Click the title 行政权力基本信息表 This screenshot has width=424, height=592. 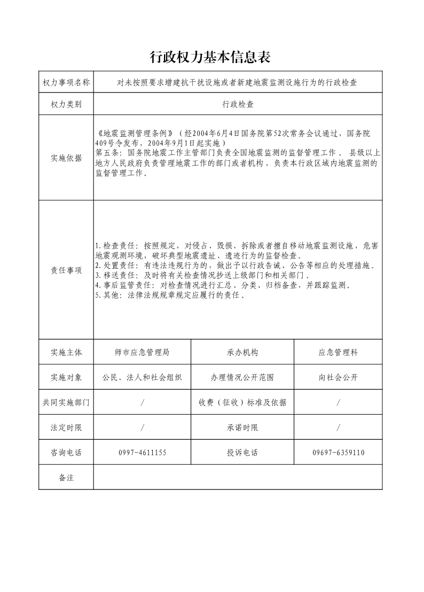pos(211,57)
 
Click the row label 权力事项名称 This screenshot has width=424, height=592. pos(66,82)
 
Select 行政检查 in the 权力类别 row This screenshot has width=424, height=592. pos(238,105)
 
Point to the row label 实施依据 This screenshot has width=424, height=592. pos(66,158)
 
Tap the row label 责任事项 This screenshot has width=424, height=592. pos(66,270)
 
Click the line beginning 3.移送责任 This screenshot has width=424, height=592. pos(203,275)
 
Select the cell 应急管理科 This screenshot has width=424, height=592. pos(338,353)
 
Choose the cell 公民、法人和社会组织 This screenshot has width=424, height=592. pos(142,378)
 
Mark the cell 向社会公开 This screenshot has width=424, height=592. pos(338,378)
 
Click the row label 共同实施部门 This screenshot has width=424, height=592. pos(66,402)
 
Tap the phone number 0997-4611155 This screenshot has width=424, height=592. pos(142,453)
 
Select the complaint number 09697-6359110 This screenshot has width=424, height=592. pos(338,453)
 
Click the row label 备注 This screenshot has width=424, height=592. pos(66,478)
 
